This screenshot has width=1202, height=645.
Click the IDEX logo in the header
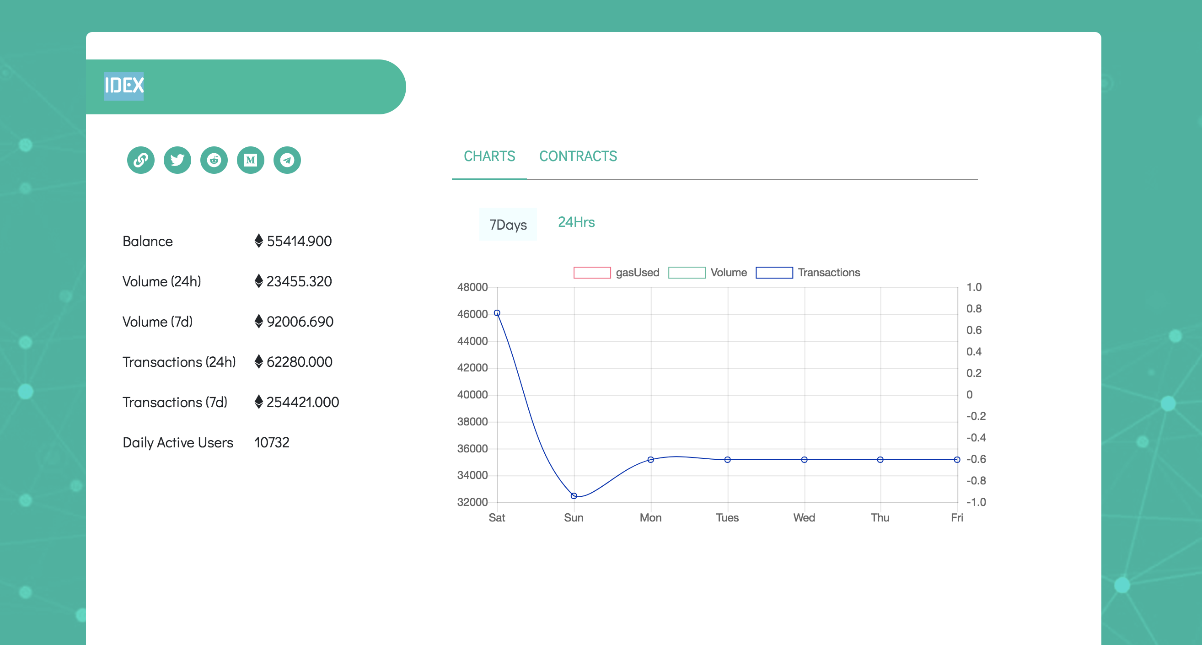coord(123,86)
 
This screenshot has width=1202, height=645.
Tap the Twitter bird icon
coord(177,160)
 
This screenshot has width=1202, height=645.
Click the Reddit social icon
coord(214,160)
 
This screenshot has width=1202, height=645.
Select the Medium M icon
coord(251,160)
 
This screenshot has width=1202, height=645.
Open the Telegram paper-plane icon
coord(287,160)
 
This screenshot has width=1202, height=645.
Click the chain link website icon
coord(140,160)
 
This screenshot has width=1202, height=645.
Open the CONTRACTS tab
coord(578,156)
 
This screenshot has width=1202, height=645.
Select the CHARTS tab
coord(489,156)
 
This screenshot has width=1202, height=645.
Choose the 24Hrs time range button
coord(576,222)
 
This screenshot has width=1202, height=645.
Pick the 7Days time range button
coord(508,225)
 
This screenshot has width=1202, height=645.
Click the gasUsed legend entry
coord(616,273)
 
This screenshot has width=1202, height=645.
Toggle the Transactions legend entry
coord(808,273)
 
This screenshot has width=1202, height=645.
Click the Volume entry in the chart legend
coord(708,273)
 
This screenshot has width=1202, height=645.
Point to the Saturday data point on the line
coord(497,313)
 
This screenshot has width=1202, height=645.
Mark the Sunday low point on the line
coord(574,496)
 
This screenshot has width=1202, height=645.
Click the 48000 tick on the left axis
coord(472,287)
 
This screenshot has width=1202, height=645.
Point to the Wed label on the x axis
coord(804,517)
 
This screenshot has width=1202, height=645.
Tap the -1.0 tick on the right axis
coord(976,502)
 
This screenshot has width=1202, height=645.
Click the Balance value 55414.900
coord(299,241)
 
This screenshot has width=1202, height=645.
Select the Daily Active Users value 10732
coord(272,442)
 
